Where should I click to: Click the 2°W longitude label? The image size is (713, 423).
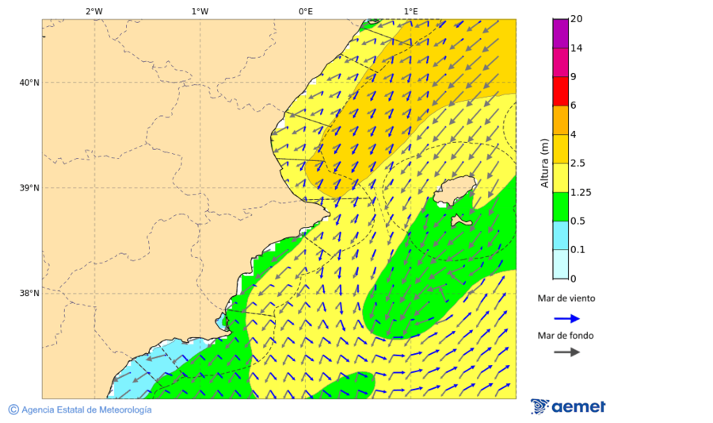tap(93, 12)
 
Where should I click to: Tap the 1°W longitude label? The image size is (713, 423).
tap(200, 12)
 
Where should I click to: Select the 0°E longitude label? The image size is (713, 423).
tap(305, 12)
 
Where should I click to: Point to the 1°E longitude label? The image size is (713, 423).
tap(410, 12)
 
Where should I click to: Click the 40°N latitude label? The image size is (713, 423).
tap(29, 83)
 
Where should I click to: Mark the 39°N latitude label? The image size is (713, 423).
tap(29, 188)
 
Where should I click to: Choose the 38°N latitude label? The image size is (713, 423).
tap(29, 294)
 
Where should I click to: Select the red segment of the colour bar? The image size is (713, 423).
tap(560, 90)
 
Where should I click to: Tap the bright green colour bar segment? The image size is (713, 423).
tap(560, 206)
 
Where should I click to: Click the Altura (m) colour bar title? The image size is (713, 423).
tap(545, 163)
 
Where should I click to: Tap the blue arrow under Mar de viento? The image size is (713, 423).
tap(566, 318)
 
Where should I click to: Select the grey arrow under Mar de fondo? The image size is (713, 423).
tap(566, 352)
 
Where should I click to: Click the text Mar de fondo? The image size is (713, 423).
tap(566, 336)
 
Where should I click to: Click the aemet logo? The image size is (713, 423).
tap(568, 406)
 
